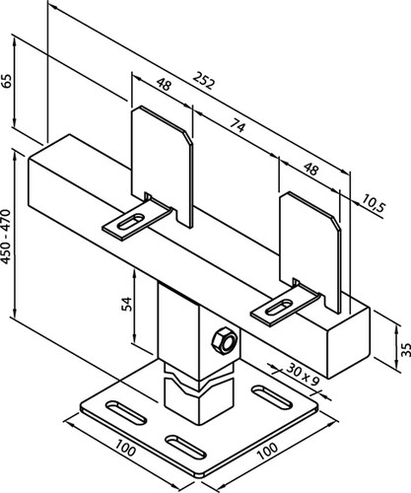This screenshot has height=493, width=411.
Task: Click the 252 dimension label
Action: click(204, 80)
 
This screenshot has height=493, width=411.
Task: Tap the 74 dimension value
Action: click(238, 125)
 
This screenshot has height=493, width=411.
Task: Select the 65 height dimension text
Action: click(7, 81)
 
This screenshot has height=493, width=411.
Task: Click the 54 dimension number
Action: click(126, 304)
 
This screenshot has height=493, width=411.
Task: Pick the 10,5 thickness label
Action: click(374, 206)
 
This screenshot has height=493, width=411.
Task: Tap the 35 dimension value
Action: click(405, 350)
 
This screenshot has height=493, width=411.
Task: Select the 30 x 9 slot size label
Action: click(303, 375)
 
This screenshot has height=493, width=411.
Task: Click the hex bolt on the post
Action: click(225, 340)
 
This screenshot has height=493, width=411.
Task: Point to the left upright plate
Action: click(161, 165)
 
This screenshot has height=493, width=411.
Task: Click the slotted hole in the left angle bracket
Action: click(131, 222)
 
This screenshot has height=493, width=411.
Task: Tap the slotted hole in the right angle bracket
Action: click(279, 307)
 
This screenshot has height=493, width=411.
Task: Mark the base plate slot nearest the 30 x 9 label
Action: click(272, 396)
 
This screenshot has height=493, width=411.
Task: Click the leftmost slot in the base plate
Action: click(126, 412)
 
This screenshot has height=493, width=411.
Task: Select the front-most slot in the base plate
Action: click(185, 447)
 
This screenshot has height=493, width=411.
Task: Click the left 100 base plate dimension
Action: click(125, 449)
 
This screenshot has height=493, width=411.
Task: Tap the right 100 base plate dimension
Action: click(267, 452)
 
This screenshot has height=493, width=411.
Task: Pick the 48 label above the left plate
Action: click(164, 84)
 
